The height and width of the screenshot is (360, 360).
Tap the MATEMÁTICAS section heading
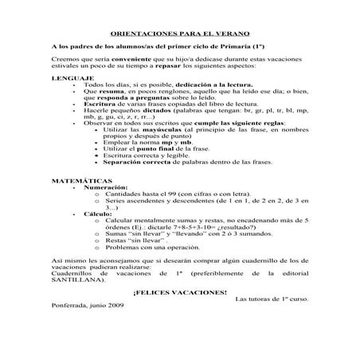tap(80, 181)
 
